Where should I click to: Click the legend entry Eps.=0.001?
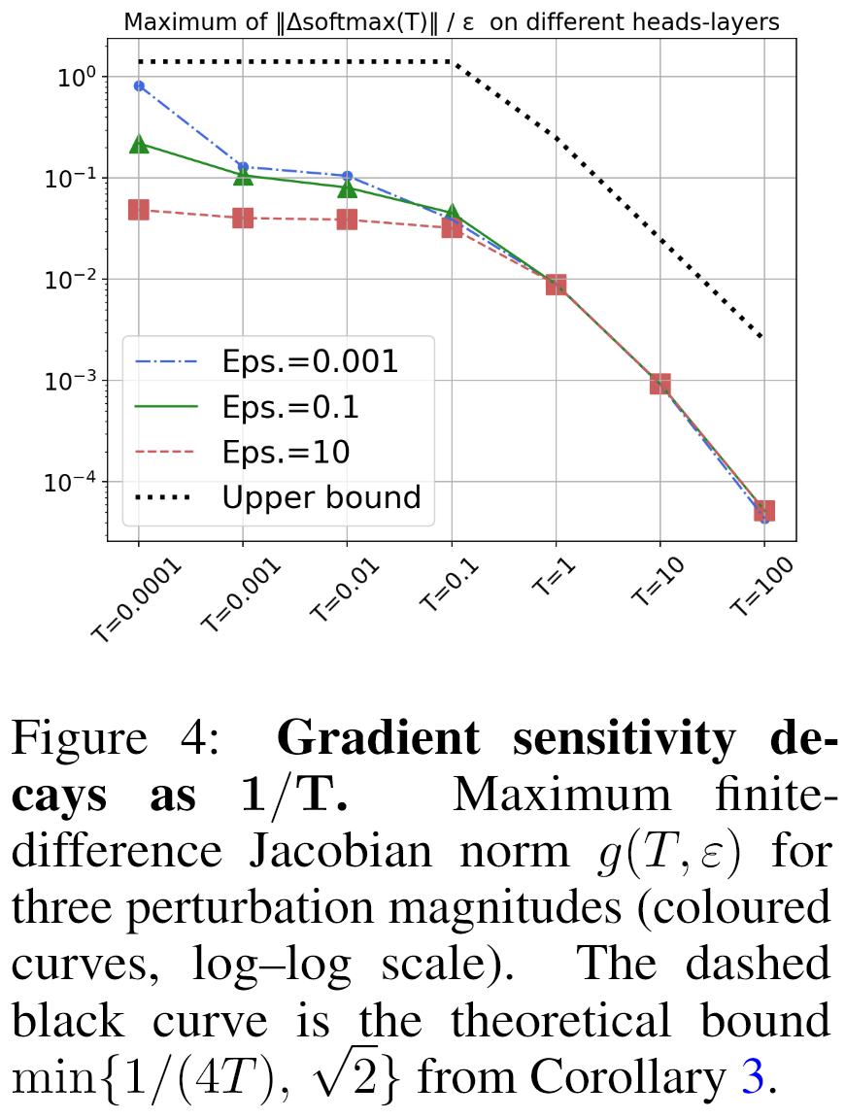pos(309,361)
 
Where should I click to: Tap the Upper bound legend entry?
pos(321,497)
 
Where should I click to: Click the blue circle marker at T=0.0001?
pos(139,85)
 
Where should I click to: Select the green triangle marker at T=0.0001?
pos(139,144)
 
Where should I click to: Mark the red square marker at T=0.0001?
pos(139,210)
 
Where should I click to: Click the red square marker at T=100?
pos(764,510)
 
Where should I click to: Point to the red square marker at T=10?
pos(660,384)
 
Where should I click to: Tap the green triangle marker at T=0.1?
pos(452,213)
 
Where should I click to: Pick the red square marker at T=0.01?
pos(347,220)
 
